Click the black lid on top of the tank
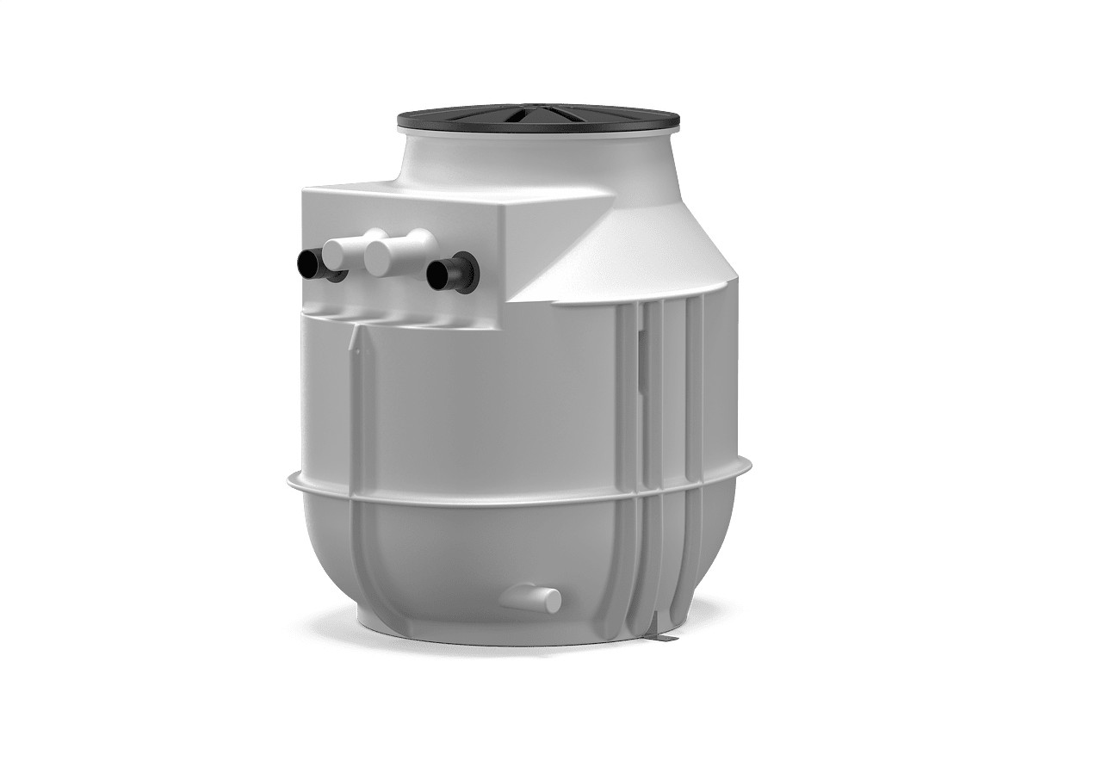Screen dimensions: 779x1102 pyautogui.click(x=482, y=120)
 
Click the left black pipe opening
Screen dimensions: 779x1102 pyautogui.click(x=309, y=264)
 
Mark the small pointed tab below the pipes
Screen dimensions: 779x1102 pyautogui.click(x=354, y=347)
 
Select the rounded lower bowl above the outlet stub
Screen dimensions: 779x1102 pyautogui.click(x=482, y=551)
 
